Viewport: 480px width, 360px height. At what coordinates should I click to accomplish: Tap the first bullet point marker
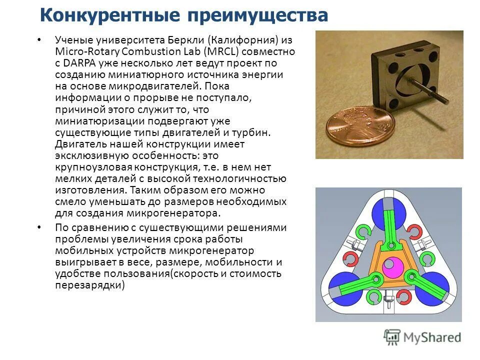coord(40,39)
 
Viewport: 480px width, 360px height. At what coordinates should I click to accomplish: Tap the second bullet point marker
coord(40,227)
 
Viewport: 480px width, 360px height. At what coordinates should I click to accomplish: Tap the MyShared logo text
coord(433,337)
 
